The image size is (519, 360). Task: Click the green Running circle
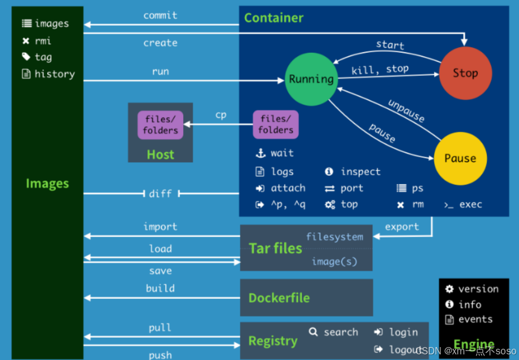pos(311,79)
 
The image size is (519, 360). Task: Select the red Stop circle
pos(465,73)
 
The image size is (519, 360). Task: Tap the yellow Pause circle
pos(460,158)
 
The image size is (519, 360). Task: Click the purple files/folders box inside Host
pos(160,125)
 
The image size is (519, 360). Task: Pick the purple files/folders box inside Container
pos(276,125)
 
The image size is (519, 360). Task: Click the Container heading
pos(274,18)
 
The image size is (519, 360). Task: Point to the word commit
pos(160,15)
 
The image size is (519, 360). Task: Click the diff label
pos(161,194)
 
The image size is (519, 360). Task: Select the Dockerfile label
pos(279,298)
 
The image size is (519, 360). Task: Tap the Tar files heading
pos(275,248)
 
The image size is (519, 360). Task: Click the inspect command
pos(360,172)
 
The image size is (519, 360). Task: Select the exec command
pos(470,204)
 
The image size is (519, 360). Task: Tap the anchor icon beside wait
pos(260,153)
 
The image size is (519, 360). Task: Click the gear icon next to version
pos(449,289)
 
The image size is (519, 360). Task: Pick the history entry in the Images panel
pos(54,74)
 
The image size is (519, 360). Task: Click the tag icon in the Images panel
pos(26,57)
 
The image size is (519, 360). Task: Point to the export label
pos(402,227)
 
